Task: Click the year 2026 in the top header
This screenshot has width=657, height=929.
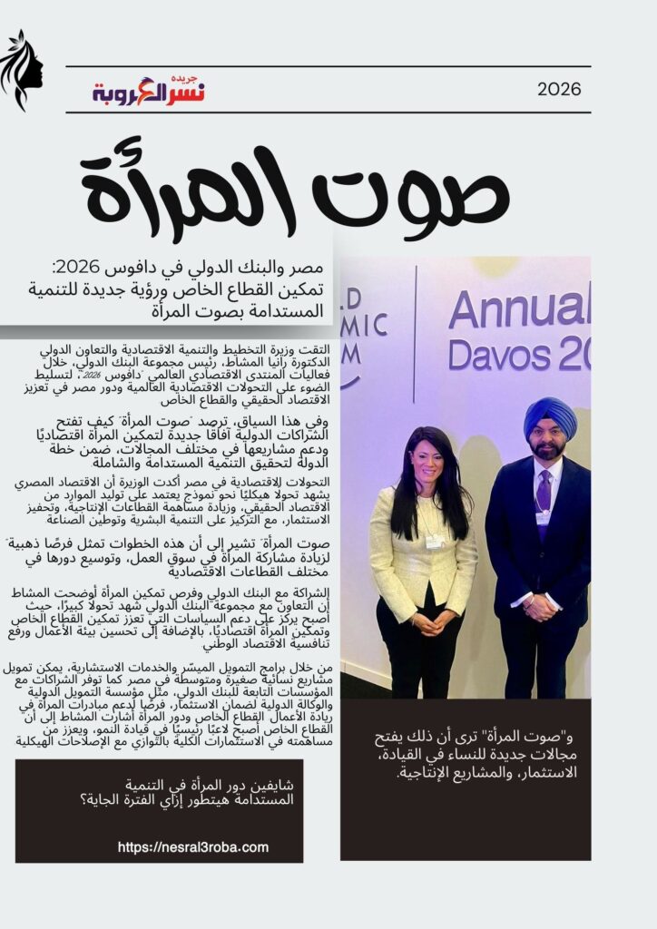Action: [559, 89]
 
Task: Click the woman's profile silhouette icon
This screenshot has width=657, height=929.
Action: [22, 70]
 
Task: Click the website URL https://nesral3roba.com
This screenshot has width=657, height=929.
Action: [193, 847]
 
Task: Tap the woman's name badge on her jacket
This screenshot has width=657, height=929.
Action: [435, 540]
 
